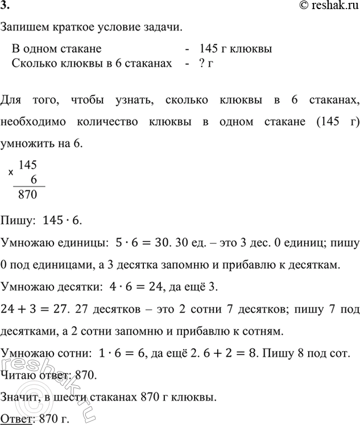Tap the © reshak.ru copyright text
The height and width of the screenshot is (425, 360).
(327, 6)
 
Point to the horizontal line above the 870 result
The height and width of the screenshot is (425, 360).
(29, 186)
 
